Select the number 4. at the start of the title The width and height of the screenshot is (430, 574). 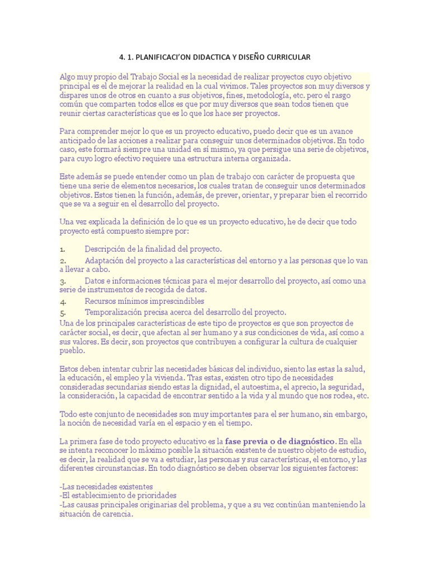tap(123, 58)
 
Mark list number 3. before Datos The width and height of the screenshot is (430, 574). tap(63, 280)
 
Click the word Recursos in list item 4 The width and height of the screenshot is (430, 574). tap(101, 301)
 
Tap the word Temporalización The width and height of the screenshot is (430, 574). tap(116, 312)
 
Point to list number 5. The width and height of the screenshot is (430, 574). tap(63, 312)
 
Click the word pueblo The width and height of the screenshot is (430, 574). tap(72, 350)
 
